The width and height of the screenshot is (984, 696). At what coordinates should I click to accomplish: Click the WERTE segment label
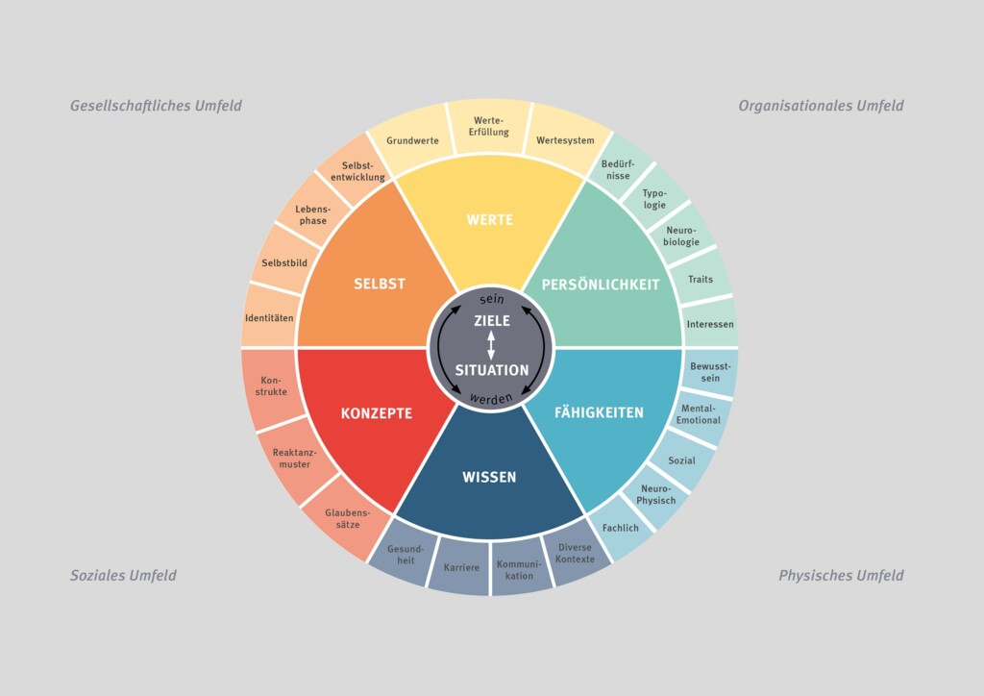point(489,219)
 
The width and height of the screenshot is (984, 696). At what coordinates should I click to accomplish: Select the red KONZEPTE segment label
point(377,413)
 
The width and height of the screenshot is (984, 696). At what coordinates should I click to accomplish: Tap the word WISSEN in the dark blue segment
point(489,477)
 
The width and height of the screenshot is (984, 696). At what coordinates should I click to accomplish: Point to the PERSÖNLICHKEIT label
point(601,285)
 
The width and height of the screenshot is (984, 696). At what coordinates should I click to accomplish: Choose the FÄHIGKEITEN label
point(599,412)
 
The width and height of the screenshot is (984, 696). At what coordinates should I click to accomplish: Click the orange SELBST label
point(379,284)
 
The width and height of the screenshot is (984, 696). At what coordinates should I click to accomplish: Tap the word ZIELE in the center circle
point(492,321)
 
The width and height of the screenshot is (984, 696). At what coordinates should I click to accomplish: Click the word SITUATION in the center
point(492,370)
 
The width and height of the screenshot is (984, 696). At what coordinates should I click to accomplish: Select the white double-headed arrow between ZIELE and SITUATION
point(491,345)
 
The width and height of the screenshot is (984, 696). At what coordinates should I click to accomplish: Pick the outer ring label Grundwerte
point(412,140)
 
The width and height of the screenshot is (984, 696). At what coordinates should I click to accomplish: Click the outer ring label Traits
point(701,280)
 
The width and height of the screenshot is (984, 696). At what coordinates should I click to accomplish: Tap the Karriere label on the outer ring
point(461,567)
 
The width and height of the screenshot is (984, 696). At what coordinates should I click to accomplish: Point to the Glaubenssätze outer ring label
point(348,518)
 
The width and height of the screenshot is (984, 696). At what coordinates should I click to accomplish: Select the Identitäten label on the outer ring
point(269,318)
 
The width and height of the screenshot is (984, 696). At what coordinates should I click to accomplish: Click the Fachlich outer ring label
point(621,528)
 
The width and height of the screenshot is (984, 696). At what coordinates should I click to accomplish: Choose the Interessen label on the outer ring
point(710,325)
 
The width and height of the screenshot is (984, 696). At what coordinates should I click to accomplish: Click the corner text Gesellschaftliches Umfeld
point(156,106)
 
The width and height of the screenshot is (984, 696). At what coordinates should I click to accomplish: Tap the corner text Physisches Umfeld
point(841,576)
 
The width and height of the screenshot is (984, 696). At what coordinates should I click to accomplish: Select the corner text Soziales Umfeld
point(123,576)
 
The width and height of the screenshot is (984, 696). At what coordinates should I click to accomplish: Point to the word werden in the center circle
point(491,399)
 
